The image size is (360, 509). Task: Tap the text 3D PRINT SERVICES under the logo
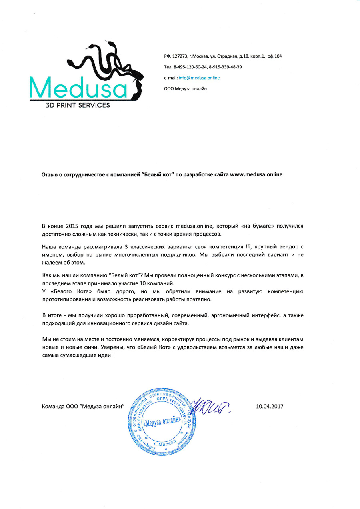pos(78,105)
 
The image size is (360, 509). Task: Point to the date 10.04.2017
pos(269,407)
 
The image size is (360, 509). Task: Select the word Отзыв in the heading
pos(51,175)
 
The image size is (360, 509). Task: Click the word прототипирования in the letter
pos(66,299)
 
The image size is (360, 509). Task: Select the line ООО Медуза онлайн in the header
pos(186,88)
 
